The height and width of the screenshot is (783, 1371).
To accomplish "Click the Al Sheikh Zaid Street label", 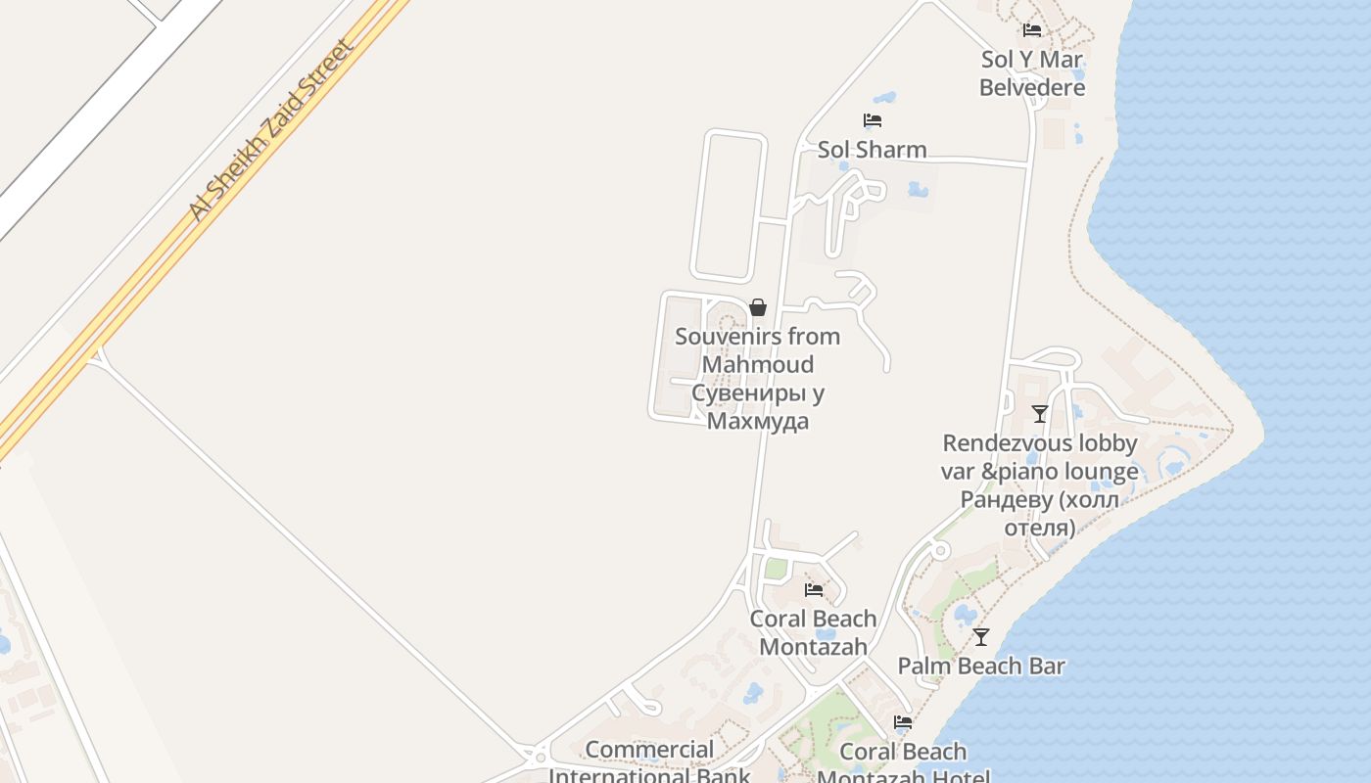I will point(270,130).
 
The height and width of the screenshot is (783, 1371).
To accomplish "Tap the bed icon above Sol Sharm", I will point(873,120).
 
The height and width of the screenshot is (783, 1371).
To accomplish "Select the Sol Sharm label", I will point(872,150).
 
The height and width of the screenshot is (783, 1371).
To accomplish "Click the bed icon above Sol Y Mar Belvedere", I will point(1032,30).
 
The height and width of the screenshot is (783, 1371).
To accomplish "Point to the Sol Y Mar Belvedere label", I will point(1032,73).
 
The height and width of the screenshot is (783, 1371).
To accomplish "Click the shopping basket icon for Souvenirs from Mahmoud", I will point(757,307).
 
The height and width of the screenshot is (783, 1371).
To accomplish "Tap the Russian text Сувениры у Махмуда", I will point(758,407).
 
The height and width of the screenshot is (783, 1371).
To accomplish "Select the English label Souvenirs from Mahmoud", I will point(758,350).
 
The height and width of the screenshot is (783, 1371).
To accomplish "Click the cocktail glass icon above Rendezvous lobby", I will point(1040,414).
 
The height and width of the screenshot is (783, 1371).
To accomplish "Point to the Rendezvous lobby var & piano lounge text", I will point(1039,457).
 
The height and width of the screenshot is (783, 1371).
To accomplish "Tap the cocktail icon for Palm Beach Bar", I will point(981,637).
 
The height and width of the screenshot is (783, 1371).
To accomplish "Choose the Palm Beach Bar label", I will point(981,667).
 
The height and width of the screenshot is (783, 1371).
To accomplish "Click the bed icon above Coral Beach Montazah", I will point(814,589).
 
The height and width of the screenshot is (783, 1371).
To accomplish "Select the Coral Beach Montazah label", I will point(813,632).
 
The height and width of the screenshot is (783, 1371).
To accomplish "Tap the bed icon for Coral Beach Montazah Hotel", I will point(903,722).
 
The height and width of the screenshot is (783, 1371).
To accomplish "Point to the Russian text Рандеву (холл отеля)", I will point(1039,514).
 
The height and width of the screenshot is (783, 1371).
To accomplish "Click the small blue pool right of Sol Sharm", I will point(918,189).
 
